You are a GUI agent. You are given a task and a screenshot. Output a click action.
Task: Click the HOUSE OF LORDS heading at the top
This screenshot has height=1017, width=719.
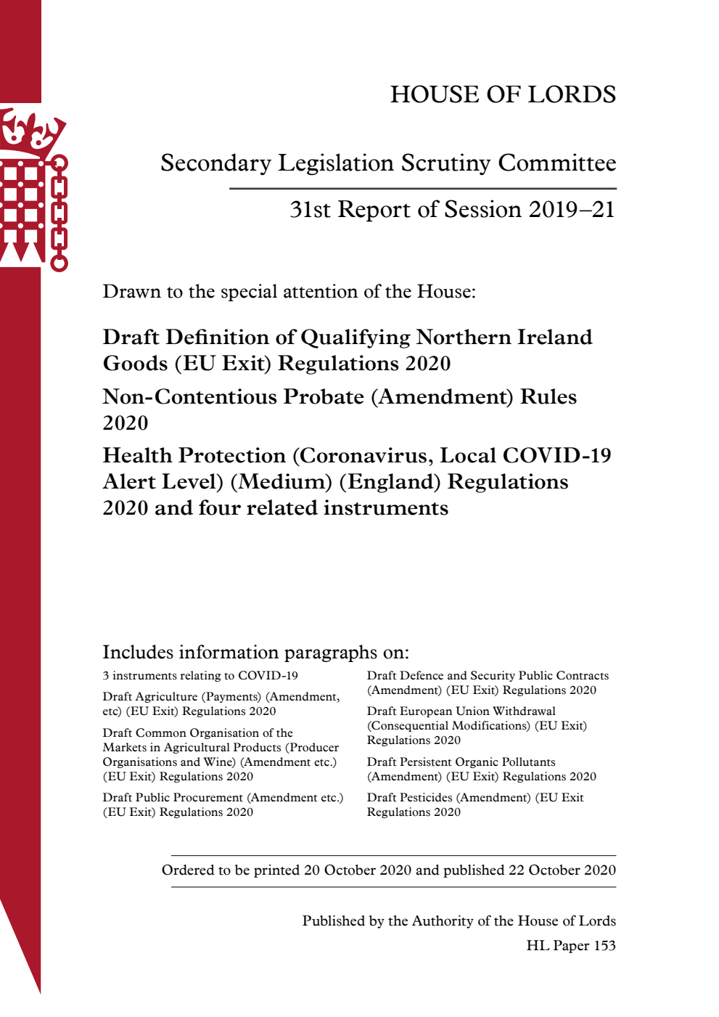pyautogui.click(x=503, y=94)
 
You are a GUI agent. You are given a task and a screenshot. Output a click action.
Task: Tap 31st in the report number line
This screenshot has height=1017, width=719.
pyautogui.click(x=310, y=210)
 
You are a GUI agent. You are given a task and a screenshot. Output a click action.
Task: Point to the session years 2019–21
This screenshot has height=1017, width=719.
pyautogui.click(x=572, y=210)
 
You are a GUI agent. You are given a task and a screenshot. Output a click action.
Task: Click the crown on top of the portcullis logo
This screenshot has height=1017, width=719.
pyautogui.click(x=30, y=133)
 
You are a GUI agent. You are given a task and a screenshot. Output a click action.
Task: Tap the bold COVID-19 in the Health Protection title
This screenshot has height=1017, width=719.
pyautogui.click(x=556, y=456)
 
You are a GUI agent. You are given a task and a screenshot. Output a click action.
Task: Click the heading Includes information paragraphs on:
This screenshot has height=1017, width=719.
pyautogui.click(x=255, y=652)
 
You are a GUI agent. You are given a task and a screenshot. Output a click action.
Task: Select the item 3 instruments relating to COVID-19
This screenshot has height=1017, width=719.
pyautogui.click(x=200, y=676)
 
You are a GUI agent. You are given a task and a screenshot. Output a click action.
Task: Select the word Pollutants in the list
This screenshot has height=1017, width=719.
pyautogui.click(x=522, y=762)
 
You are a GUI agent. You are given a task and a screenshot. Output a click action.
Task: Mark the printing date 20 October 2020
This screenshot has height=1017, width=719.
pyautogui.click(x=358, y=870)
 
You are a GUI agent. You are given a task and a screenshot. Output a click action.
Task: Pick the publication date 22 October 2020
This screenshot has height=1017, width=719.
pyautogui.click(x=562, y=870)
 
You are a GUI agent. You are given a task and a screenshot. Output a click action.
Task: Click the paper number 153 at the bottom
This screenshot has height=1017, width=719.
pyautogui.click(x=604, y=946)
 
